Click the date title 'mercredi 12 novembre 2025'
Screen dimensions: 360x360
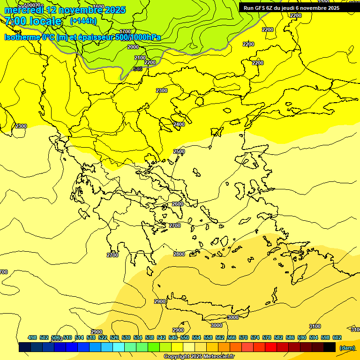point(65,10)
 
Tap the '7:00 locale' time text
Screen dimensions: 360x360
point(33,21)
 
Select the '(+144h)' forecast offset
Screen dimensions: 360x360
point(83,21)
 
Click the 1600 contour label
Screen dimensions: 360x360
point(98,7)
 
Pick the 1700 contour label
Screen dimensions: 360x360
point(126,32)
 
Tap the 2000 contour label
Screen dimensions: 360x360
point(133,47)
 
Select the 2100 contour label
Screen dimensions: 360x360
point(140,58)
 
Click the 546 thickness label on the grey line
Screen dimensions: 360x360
point(137,69)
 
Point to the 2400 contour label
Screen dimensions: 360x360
point(179,124)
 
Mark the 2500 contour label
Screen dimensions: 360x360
point(179,151)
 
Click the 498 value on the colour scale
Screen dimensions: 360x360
point(32,337)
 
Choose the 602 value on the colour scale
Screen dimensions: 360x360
point(337,337)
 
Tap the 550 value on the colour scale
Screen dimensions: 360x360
point(185,337)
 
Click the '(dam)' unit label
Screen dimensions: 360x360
point(347,348)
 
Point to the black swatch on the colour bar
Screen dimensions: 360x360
point(330,347)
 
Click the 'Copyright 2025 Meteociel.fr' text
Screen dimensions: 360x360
point(199,356)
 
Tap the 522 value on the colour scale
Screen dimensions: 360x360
point(103,337)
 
